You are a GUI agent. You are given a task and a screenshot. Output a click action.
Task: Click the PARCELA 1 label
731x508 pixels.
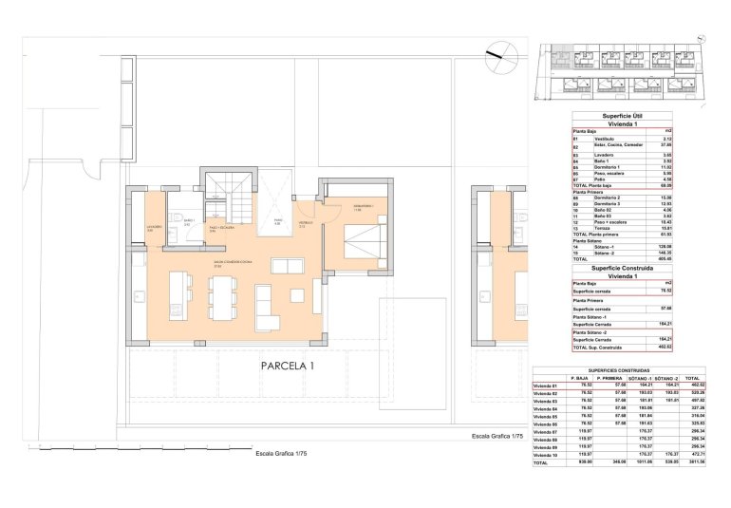(288, 365)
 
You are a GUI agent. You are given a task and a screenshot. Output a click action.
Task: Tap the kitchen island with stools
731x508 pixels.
(180, 295)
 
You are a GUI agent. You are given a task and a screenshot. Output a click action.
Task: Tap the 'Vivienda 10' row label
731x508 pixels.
(548, 455)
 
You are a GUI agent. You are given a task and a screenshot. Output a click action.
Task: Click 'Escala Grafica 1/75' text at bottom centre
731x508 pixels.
(281, 455)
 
